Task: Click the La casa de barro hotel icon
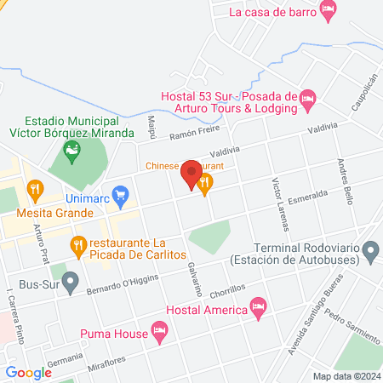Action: point(329,10)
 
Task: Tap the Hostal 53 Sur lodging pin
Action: point(309,100)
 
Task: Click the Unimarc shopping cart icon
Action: point(121,193)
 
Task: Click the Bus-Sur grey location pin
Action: point(71,279)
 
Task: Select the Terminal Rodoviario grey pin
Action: point(370,250)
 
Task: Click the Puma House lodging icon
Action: point(158,329)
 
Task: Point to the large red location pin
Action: point(191,174)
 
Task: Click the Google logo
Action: point(28,372)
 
